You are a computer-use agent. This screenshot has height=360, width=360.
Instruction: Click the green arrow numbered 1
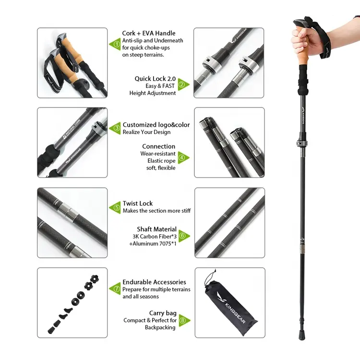(115, 44)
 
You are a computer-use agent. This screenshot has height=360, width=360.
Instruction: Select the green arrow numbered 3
(115, 128)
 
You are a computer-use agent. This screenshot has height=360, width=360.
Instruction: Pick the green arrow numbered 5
(115, 207)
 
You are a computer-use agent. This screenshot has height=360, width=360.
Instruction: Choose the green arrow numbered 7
(115, 289)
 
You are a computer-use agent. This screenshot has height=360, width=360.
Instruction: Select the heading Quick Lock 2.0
(155, 79)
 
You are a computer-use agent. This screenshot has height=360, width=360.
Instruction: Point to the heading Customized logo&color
(156, 125)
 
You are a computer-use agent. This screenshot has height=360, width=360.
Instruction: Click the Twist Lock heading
(137, 204)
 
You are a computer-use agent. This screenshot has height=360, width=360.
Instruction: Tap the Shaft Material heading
(156, 229)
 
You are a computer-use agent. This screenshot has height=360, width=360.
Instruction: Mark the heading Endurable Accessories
(154, 282)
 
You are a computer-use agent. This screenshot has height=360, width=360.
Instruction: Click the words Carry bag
(163, 313)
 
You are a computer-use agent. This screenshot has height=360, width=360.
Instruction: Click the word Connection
(159, 146)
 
